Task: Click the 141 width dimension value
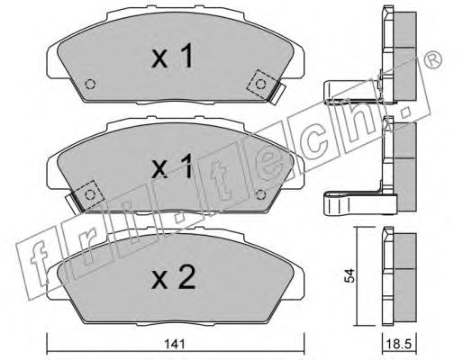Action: click(175, 344)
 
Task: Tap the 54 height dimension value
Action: click(350, 275)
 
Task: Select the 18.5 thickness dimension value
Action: click(399, 345)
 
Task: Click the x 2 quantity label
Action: click(174, 278)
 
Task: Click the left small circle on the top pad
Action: click(90, 85)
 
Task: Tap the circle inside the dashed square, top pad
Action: click(260, 85)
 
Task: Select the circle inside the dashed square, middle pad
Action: click(90, 195)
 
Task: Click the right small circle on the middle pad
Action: click(260, 195)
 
